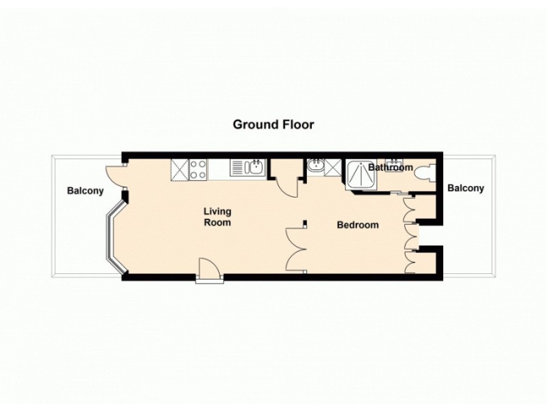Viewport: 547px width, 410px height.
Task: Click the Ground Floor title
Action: coord(273,124)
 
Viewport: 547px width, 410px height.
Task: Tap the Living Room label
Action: coord(217,217)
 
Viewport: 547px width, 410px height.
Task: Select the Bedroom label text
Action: coord(358,225)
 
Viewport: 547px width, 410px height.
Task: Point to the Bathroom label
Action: coord(390,167)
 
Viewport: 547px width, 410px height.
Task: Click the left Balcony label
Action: coord(85,191)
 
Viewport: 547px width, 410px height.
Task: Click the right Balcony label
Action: coord(466,188)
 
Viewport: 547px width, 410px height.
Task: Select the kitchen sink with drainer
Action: coord(247,168)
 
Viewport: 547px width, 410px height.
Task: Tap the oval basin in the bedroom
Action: coord(316,165)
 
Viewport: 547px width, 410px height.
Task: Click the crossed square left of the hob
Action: coord(179,169)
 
